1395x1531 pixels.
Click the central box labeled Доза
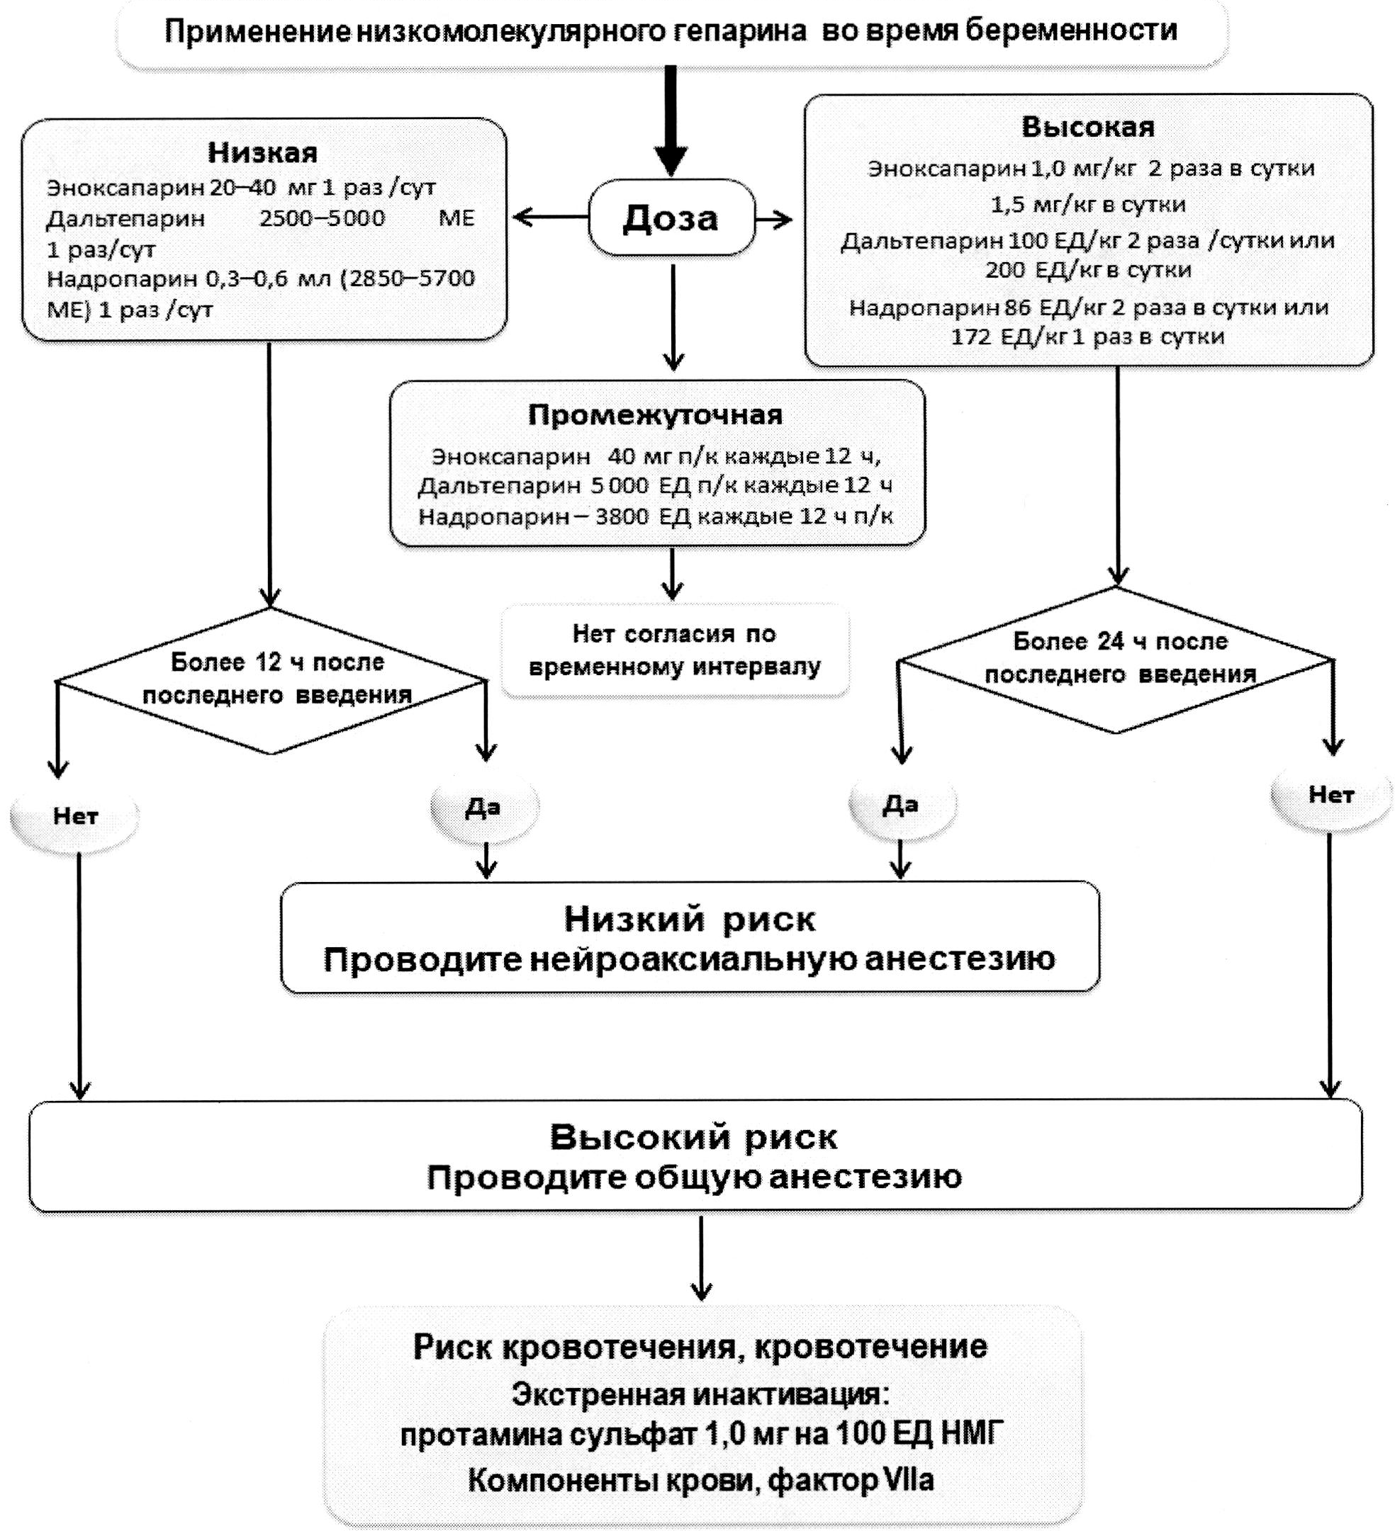pyautogui.click(x=671, y=218)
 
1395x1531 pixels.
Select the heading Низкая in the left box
pyautogui.click(x=262, y=152)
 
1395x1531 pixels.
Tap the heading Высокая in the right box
pyautogui.click(x=1087, y=126)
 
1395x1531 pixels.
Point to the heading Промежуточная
pyautogui.click(x=655, y=414)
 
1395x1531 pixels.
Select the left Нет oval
pyautogui.click(x=75, y=816)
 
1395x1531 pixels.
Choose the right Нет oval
pyautogui.click(x=1330, y=795)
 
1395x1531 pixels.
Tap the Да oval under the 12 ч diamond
pyautogui.click(x=483, y=807)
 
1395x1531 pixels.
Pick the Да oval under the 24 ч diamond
pyautogui.click(x=900, y=804)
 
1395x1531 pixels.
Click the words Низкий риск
pyautogui.click(x=689, y=920)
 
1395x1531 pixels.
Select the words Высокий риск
pyautogui.click(x=693, y=1138)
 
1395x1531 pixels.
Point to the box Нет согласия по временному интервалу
pyautogui.click(x=674, y=650)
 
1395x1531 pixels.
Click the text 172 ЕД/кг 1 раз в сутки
pyautogui.click(x=1087, y=337)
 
